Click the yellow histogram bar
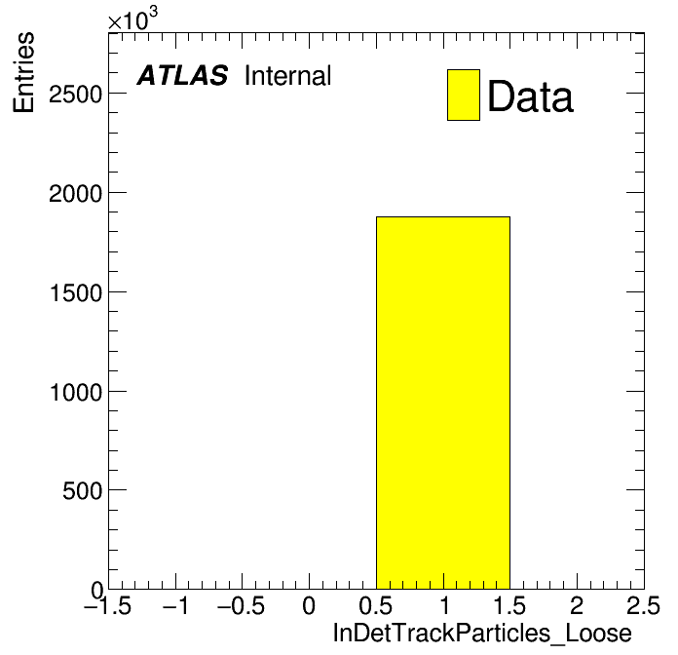(443, 403)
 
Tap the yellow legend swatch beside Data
(464, 95)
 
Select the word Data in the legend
(530, 96)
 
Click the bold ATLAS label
(182, 75)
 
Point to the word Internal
(288, 76)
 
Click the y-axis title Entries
(23, 72)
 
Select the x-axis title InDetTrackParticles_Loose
(482, 634)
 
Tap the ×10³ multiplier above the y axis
(132, 19)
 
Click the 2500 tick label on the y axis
(75, 95)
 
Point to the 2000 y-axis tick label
(75, 193)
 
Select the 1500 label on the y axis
(76, 292)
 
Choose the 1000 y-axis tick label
(76, 393)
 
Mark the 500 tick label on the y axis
(82, 491)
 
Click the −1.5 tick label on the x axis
(107, 605)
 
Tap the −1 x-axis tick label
(175, 605)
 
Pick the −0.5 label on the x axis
(241, 605)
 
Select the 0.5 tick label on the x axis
(375, 605)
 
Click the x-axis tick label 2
(577, 605)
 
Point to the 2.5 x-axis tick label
(643, 605)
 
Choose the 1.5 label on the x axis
(509, 605)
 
